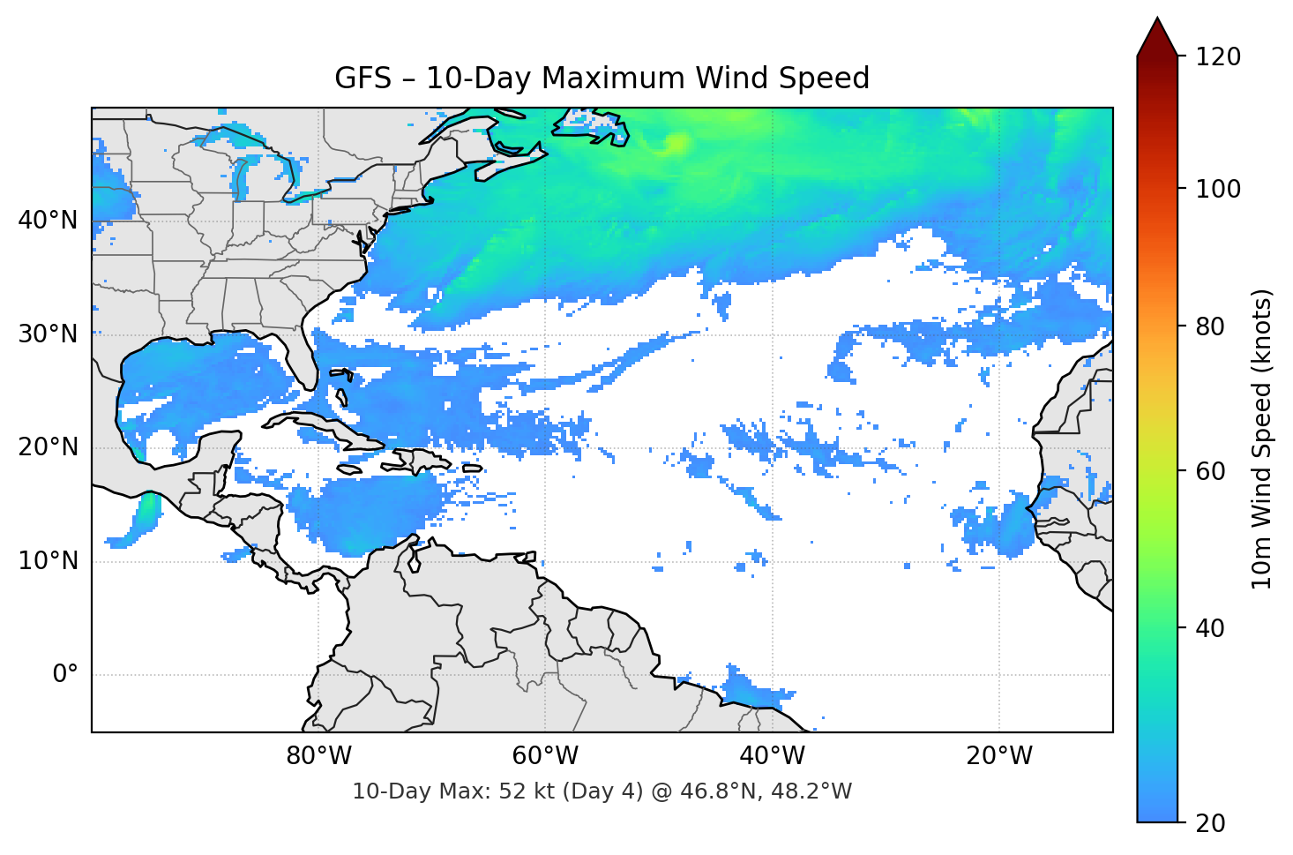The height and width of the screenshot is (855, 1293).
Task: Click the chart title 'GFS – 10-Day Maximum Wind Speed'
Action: (602, 79)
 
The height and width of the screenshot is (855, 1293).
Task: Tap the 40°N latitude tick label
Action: (48, 221)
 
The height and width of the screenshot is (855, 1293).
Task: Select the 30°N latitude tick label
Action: (48, 334)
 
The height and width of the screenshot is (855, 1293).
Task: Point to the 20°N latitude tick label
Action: (48, 447)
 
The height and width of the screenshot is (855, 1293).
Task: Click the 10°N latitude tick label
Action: (48, 561)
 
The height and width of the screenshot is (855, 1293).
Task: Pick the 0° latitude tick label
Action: (65, 675)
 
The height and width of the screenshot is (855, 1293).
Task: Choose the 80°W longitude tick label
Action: (318, 756)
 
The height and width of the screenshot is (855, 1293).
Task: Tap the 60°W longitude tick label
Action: (545, 756)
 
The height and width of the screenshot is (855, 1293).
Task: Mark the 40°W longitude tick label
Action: (773, 756)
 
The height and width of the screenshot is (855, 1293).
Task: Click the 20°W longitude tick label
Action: (999, 756)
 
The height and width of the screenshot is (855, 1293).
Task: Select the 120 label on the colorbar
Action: (1218, 57)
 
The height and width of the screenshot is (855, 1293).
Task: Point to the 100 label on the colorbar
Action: (1218, 189)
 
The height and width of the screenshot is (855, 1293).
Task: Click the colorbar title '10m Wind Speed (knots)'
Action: (1262, 439)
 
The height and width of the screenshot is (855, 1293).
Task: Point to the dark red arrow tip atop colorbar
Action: (1157, 35)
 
